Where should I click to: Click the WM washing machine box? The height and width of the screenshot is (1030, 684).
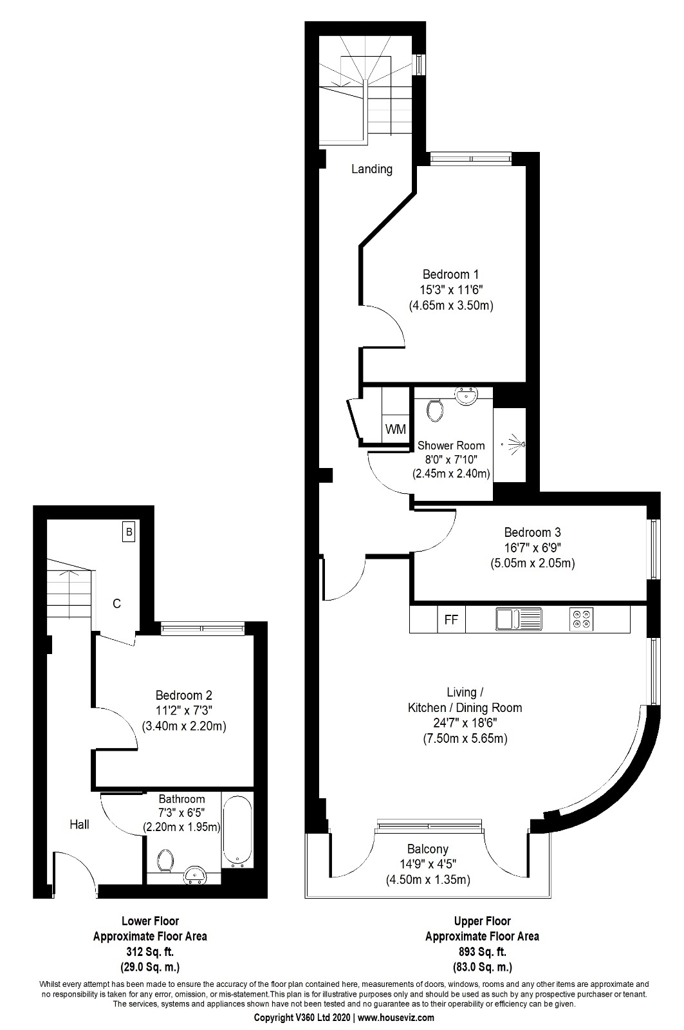pyautogui.click(x=395, y=429)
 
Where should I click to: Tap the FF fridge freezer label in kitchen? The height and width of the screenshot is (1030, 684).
pyautogui.click(x=451, y=620)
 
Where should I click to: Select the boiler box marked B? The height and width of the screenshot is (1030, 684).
pyautogui.click(x=129, y=532)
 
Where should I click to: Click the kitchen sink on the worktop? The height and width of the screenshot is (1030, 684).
pyautogui.click(x=518, y=619)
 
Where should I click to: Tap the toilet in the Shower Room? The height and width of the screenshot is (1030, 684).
pyautogui.click(x=436, y=409)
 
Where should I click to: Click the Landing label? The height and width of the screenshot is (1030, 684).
pyautogui.click(x=371, y=169)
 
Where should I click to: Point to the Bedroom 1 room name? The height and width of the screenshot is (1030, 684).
pyautogui.click(x=450, y=274)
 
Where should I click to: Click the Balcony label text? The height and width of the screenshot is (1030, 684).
pyautogui.click(x=427, y=848)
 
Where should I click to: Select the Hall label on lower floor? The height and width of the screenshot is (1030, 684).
pyautogui.click(x=80, y=824)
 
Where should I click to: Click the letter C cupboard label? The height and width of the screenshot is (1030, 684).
pyautogui.click(x=116, y=604)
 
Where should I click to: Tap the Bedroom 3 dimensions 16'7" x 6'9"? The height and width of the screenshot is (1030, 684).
pyautogui.click(x=532, y=548)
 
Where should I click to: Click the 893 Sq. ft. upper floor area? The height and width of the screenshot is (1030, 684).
pyautogui.click(x=482, y=951)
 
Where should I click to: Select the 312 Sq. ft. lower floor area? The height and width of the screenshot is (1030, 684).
pyautogui.click(x=150, y=951)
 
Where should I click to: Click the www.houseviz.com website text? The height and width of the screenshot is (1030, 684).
pyautogui.click(x=396, y=1018)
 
